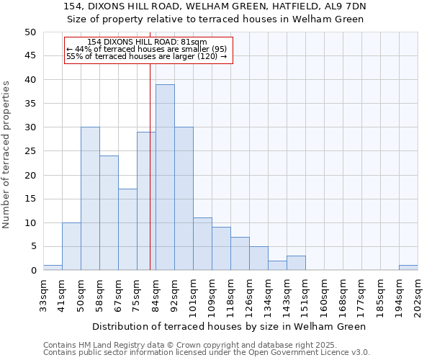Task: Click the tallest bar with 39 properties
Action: (165, 177)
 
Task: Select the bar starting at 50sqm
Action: (90, 199)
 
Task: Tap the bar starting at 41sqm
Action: (71, 246)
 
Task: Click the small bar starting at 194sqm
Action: (408, 268)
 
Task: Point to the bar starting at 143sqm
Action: (296, 263)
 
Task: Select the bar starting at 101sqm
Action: (202, 244)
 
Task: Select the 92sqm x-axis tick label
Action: (175, 294)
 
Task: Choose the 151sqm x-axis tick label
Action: (306, 294)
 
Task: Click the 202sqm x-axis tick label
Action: (418, 294)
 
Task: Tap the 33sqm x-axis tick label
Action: (44, 292)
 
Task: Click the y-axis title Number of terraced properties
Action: (6, 154)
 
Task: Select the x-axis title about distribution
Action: (230, 326)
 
